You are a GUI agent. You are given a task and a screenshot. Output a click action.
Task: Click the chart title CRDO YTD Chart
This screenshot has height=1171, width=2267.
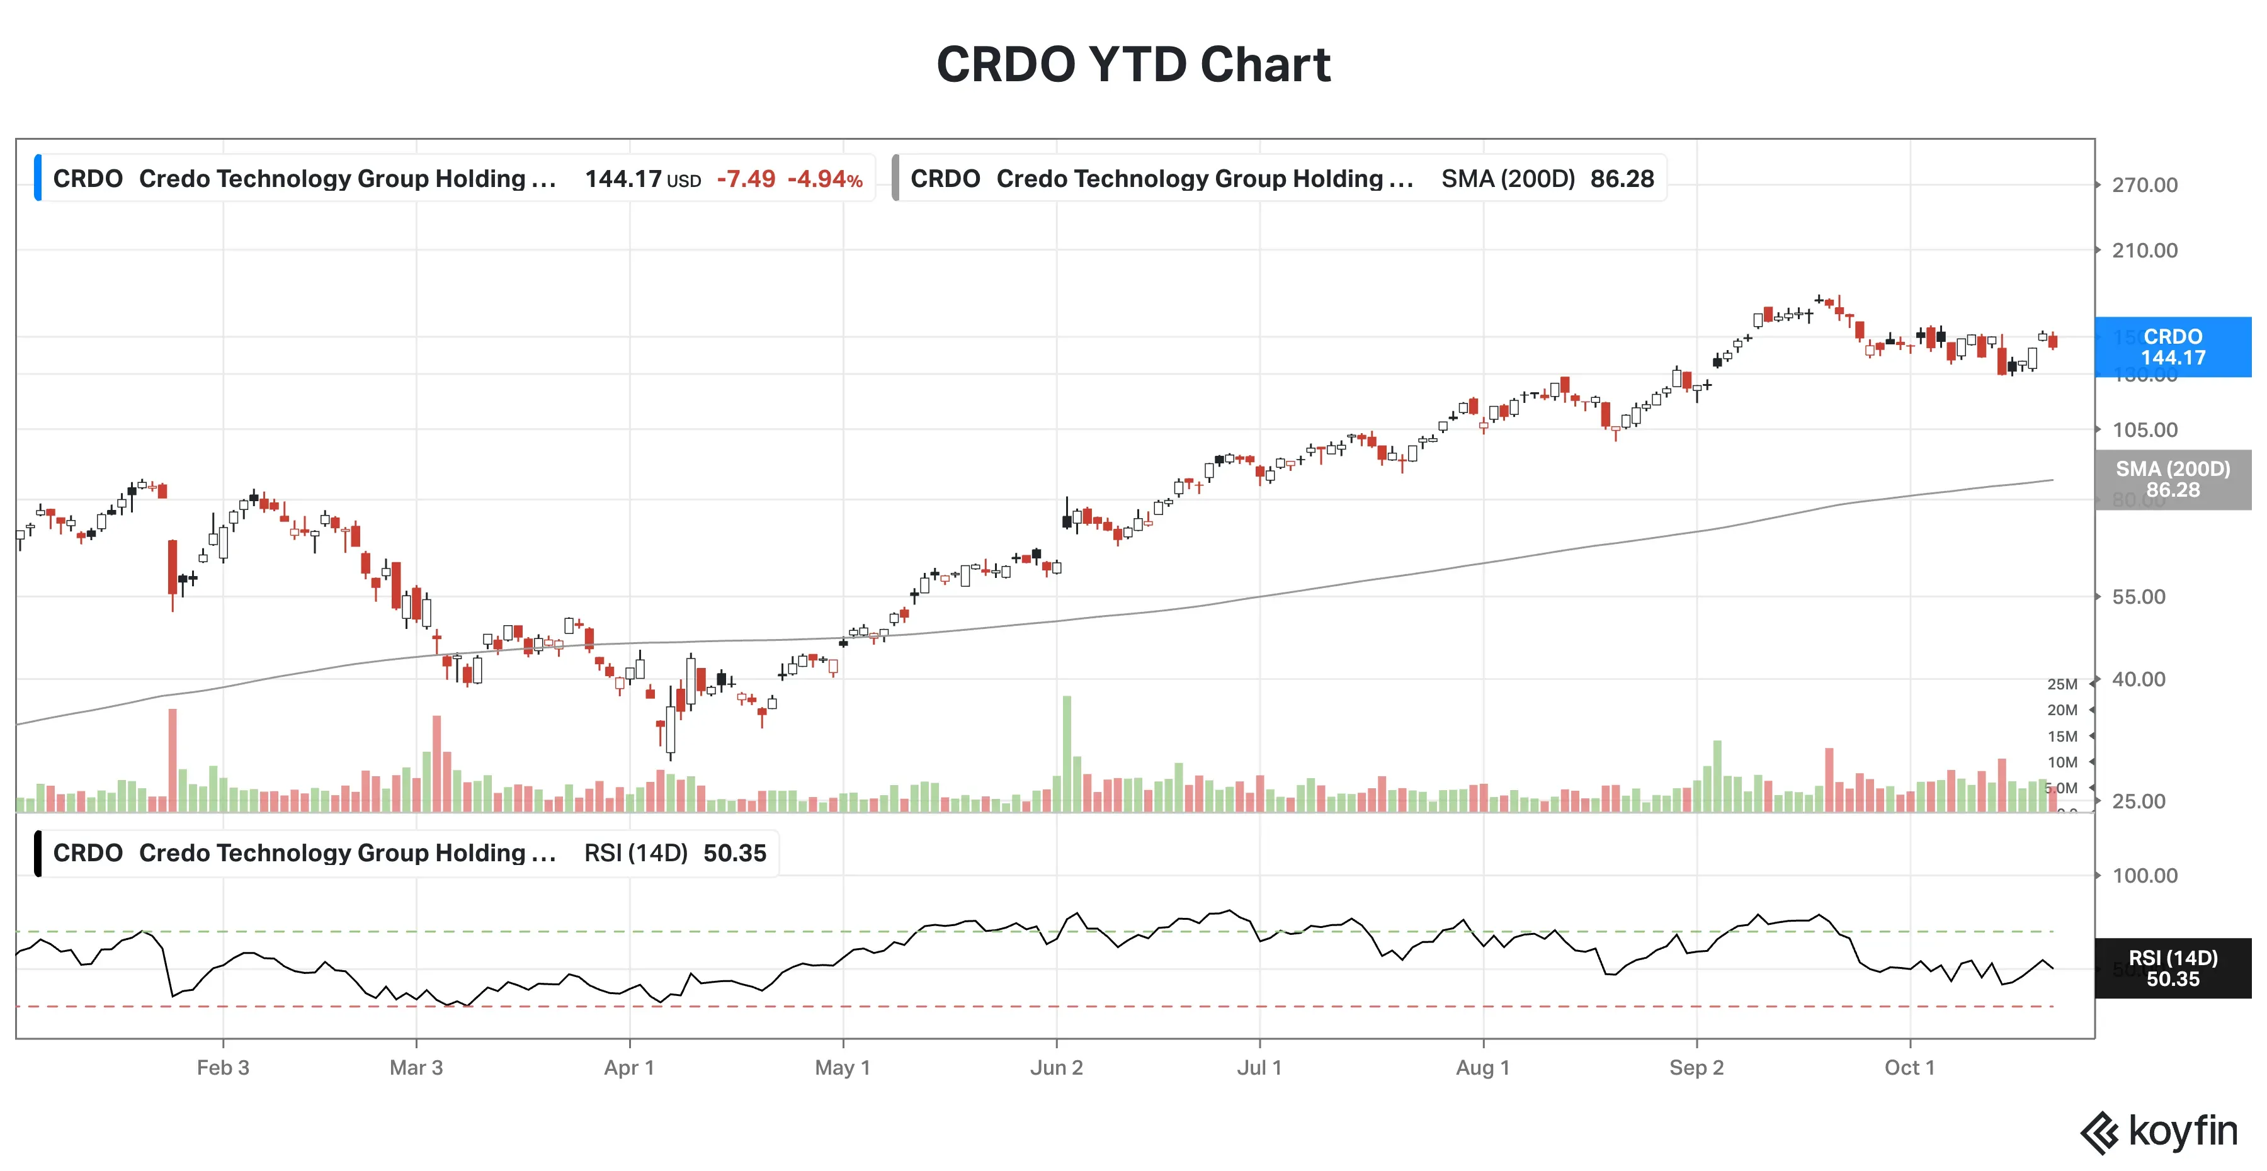click(1133, 64)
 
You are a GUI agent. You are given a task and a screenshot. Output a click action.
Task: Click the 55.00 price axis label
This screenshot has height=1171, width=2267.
click(2139, 597)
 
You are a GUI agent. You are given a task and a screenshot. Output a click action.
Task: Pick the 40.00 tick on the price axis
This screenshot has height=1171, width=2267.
click(2139, 679)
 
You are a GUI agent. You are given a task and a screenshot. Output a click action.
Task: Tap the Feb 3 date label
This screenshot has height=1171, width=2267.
click(223, 1068)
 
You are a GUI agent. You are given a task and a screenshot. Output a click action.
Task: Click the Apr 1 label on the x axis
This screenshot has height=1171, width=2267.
click(628, 1068)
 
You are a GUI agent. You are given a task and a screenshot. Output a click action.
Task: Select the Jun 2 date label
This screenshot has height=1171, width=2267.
click(1056, 1068)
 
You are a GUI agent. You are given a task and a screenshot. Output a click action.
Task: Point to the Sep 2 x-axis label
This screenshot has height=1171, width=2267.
click(1696, 1068)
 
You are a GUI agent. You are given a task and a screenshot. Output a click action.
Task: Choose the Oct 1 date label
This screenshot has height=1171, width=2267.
click(1909, 1068)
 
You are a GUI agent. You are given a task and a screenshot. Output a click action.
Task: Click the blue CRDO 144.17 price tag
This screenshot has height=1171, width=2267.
click(2173, 348)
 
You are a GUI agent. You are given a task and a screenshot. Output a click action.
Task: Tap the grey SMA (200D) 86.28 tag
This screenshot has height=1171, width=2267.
click(2173, 480)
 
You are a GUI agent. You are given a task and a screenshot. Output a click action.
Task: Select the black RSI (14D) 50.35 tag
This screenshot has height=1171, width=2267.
click(2173, 969)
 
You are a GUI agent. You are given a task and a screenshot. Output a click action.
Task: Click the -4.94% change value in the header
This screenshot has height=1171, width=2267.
click(824, 179)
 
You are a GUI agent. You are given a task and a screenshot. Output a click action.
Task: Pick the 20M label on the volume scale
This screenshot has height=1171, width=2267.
click(2062, 710)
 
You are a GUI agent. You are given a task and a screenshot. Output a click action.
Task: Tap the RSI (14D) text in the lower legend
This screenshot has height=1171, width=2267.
click(635, 854)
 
